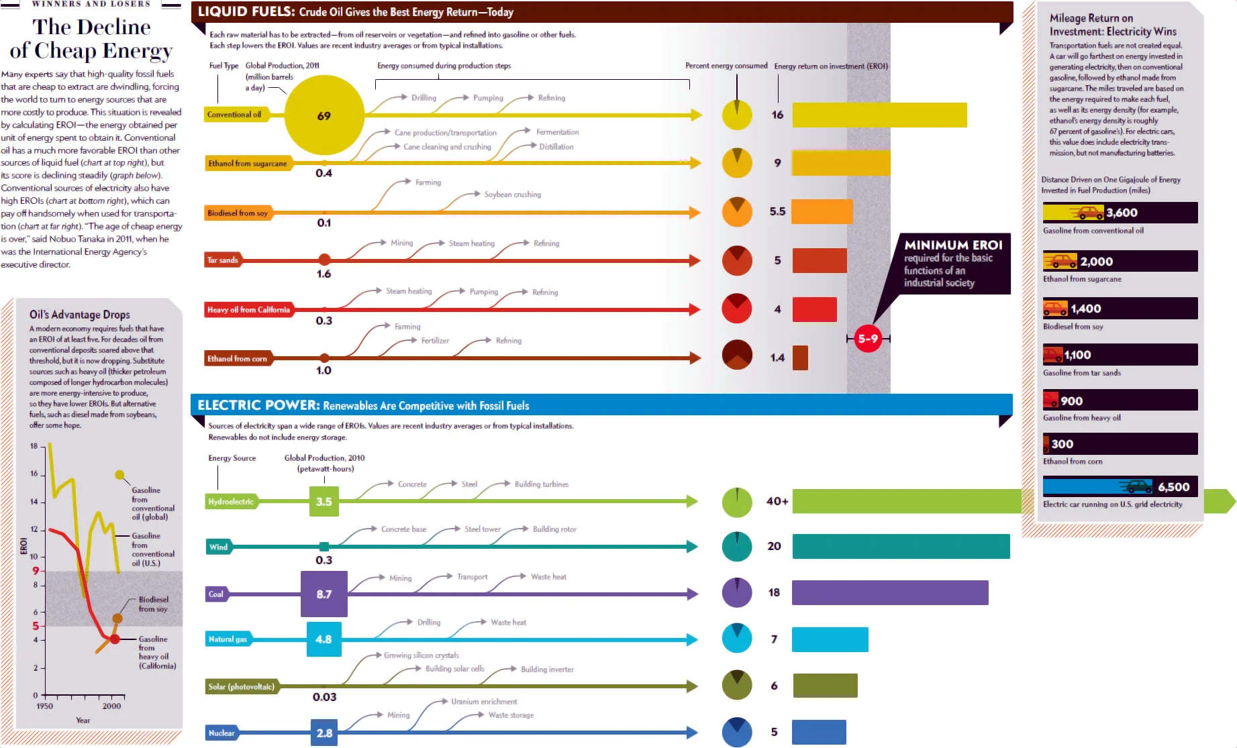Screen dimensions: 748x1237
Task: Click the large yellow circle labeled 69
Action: (324, 115)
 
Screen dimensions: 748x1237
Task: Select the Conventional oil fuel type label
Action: (234, 115)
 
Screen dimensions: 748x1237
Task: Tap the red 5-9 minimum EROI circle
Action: (868, 339)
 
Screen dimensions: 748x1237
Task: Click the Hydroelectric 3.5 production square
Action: (324, 502)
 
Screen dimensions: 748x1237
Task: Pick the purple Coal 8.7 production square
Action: (324, 594)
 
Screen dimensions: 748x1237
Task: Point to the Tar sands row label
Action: (223, 260)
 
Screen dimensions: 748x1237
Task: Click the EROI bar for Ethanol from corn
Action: (800, 358)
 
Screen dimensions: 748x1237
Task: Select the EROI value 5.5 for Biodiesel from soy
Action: (777, 211)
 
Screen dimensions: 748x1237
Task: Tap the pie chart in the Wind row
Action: (737, 547)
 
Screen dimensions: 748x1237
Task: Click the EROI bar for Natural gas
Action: (830, 639)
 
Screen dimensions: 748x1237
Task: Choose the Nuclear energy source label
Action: (221, 733)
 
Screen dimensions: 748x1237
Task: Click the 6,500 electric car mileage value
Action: (1173, 487)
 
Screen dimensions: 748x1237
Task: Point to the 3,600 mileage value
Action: (1122, 213)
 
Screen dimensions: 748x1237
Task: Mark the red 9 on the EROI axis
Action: (36, 571)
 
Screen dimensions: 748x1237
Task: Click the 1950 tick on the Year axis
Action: (44, 706)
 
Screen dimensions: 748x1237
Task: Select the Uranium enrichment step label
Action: (484, 702)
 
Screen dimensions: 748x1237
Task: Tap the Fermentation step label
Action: (557, 132)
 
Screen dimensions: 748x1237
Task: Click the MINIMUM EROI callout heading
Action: (953, 245)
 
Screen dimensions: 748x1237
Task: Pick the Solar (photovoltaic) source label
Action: (241, 686)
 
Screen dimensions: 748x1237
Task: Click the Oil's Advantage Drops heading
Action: (80, 315)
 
